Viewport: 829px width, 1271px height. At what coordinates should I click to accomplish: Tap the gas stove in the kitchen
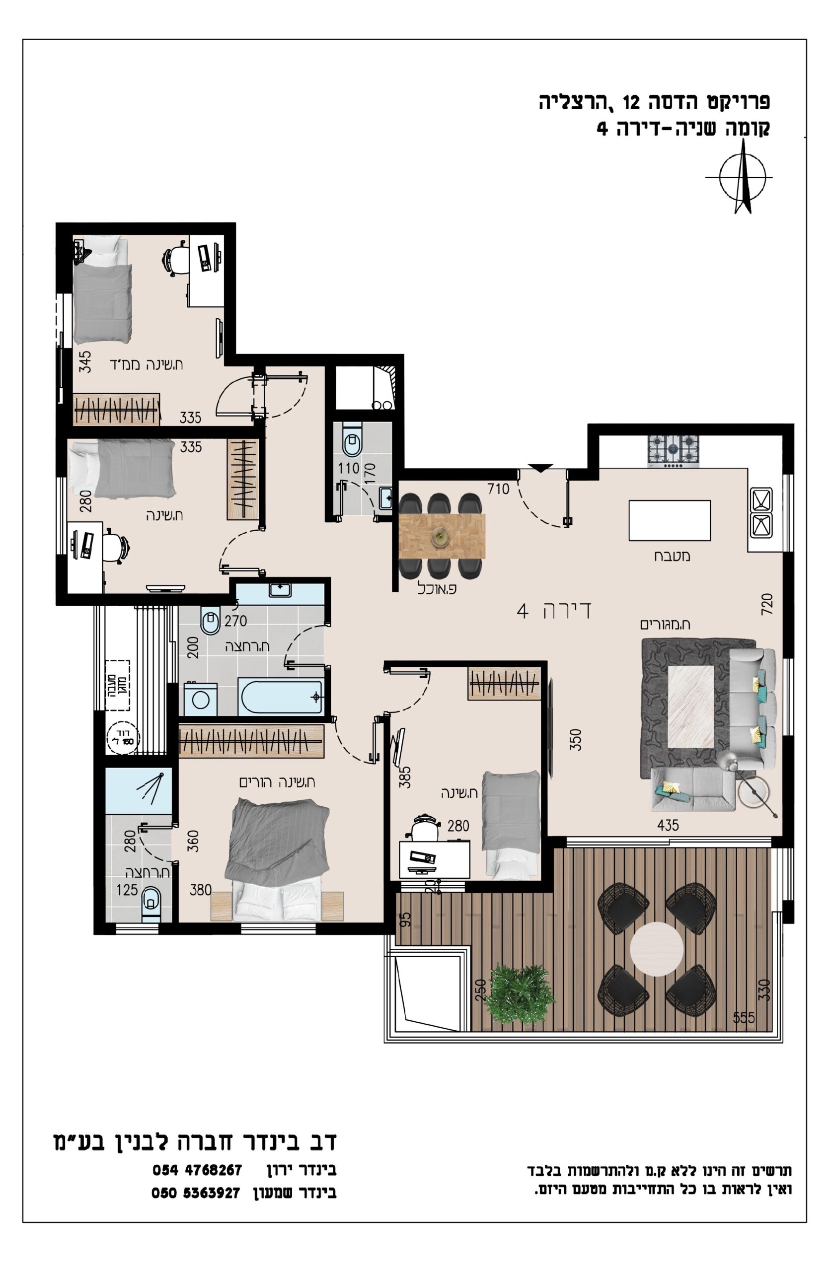click(x=673, y=450)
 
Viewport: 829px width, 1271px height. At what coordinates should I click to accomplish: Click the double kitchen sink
click(x=761, y=511)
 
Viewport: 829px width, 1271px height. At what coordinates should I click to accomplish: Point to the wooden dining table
click(x=442, y=536)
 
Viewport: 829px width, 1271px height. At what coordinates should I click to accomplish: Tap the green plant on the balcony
click(x=519, y=994)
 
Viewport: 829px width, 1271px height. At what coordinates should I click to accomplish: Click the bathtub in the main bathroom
click(x=281, y=697)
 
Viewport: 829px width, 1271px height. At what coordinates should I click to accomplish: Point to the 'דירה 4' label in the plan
click(x=554, y=610)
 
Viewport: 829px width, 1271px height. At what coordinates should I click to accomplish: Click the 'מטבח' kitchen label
click(x=673, y=556)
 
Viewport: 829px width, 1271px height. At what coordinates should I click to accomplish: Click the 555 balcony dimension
click(x=745, y=1017)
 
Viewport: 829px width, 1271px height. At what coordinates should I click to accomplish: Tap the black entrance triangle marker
click(x=540, y=468)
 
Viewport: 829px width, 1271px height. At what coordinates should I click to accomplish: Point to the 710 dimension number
click(x=498, y=489)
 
